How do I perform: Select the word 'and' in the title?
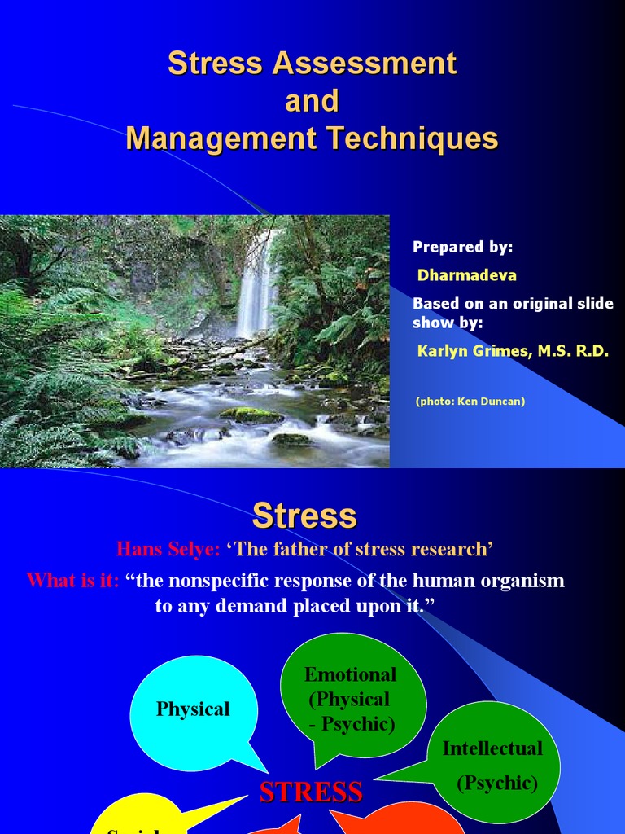[x=312, y=101]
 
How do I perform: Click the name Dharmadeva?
[x=466, y=275]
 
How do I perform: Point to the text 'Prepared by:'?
[x=462, y=248]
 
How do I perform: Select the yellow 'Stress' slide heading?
[x=304, y=516]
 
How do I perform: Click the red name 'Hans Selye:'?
[x=168, y=549]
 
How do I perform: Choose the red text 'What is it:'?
[x=72, y=581]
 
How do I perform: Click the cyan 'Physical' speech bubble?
[x=193, y=709]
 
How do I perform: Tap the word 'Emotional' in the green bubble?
[x=350, y=674]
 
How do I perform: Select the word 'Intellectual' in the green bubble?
[x=492, y=748]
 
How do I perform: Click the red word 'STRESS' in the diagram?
[x=311, y=792]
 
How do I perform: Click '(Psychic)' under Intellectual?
[x=497, y=783]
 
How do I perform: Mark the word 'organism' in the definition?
[x=521, y=581]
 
